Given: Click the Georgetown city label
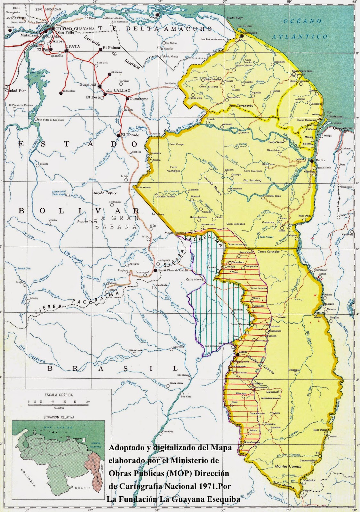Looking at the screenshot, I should [x=343, y=128].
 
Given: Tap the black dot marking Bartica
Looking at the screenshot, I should [x=312, y=160].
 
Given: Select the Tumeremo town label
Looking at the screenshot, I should [x=139, y=99].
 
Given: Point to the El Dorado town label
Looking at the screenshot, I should [x=130, y=135].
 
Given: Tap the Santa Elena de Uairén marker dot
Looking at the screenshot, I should [x=156, y=270].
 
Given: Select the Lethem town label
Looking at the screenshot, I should [x=243, y=352].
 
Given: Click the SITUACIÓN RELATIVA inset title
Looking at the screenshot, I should [x=59, y=417].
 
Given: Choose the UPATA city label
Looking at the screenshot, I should [x=73, y=46].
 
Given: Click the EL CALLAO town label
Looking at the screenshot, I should [x=118, y=91].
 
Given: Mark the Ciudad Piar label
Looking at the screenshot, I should [x=15, y=91].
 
